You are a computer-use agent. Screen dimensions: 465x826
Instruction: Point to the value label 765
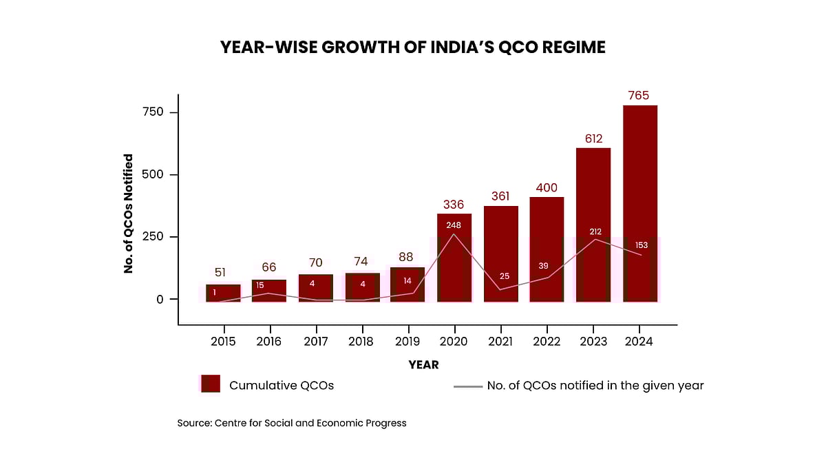click(639, 96)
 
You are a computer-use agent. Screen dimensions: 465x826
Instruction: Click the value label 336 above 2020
click(454, 205)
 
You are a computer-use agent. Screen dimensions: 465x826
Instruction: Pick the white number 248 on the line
click(454, 225)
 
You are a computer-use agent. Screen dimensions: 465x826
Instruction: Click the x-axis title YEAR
click(423, 364)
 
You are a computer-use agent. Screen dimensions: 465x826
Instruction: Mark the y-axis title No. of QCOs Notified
click(129, 214)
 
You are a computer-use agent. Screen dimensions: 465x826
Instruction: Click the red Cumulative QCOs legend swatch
click(210, 384)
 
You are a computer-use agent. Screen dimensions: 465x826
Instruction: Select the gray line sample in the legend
click(467, 386)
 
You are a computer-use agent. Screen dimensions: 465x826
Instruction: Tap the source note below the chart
click(292, 423)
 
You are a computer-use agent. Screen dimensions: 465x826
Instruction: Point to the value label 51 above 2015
click(220, 272)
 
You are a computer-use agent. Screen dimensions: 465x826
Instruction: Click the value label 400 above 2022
click(547, 188)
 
